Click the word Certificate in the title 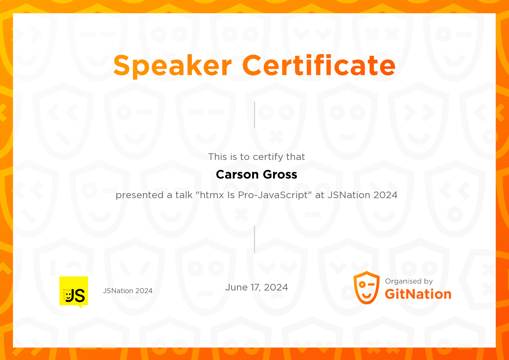coord(319,65)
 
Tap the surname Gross coord(280,175)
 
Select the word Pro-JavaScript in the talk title coord(273,195)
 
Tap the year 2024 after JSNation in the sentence coord(385,195)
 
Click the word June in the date coord(236,287)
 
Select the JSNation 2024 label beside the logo coord(128,291)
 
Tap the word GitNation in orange coord(418,294)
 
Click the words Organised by coord(409,281)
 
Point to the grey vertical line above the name coord(254,115)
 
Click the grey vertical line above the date coord(254,240)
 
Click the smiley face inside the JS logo coord(68,296)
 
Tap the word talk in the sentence coord(184,195)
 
